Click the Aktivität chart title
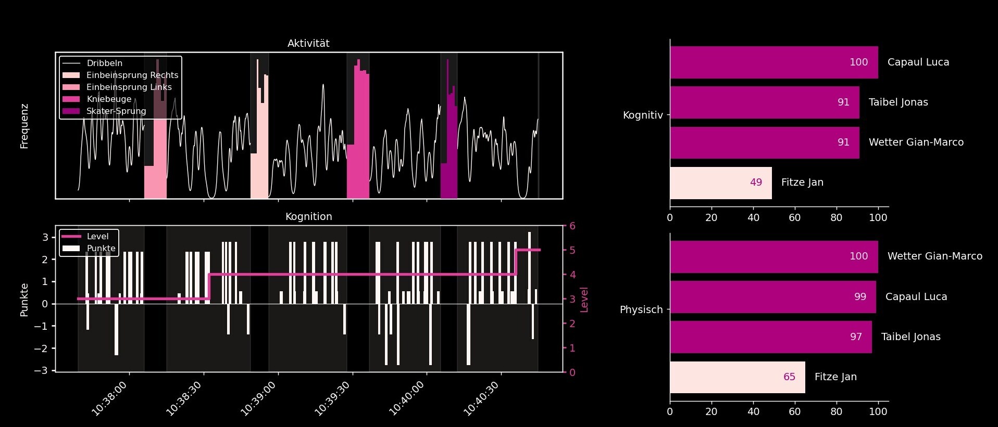coord(308,44)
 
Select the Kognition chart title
coord(308,217)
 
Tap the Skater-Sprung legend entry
coord(116,111)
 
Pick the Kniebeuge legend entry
coord(108,99)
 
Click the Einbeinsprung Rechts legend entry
coord(132,75)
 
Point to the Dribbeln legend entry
coord(104,63)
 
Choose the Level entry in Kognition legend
coord(97,237)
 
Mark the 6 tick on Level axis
coord(572,226)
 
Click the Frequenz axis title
coord(24,126)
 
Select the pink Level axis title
coord(584,300)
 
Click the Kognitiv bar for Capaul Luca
coord(774,62)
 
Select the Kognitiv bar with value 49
coord(720,183)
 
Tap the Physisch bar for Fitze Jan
coord(737,377)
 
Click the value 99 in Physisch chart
coord(860,297)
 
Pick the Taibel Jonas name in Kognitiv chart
coord(898,102)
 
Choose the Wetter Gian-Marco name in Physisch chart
coord(934,256)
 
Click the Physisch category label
coord(641,310)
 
